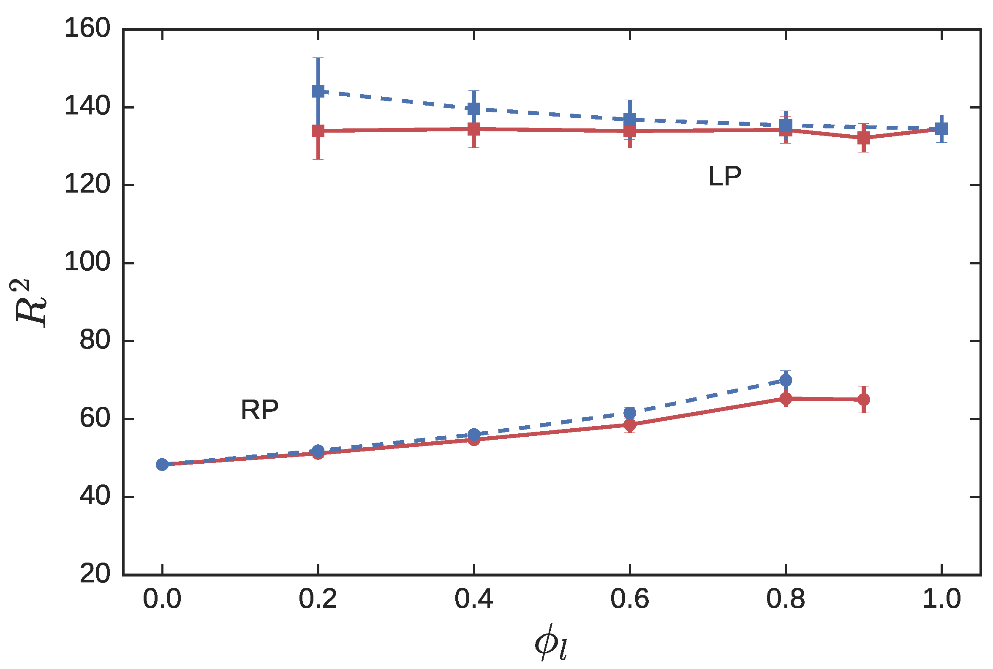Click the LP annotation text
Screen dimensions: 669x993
pos(725,176)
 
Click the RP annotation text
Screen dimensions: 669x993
pos(259,410)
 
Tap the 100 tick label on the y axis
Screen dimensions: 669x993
pos(87,263)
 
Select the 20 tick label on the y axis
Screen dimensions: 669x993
pos(95,574)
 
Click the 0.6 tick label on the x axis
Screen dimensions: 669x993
pos(629,599)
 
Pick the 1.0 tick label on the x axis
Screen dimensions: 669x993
pos(941,599)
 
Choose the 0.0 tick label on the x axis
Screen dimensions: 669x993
pos(162,599)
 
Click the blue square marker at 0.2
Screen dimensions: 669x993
pos(318,91)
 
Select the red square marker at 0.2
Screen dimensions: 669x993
pos(318,131)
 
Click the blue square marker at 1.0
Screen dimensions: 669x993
pos(941,128)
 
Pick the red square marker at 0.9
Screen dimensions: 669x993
pos(864,138)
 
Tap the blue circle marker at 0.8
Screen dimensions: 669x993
pos(786,380)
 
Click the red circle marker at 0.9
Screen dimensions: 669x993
pos(864,400)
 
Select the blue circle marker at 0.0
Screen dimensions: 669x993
pos(162,464)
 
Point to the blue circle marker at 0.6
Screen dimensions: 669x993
pos(630,413)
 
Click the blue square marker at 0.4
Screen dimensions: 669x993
pos(473,109)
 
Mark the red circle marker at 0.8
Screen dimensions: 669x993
pos(786,399)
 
